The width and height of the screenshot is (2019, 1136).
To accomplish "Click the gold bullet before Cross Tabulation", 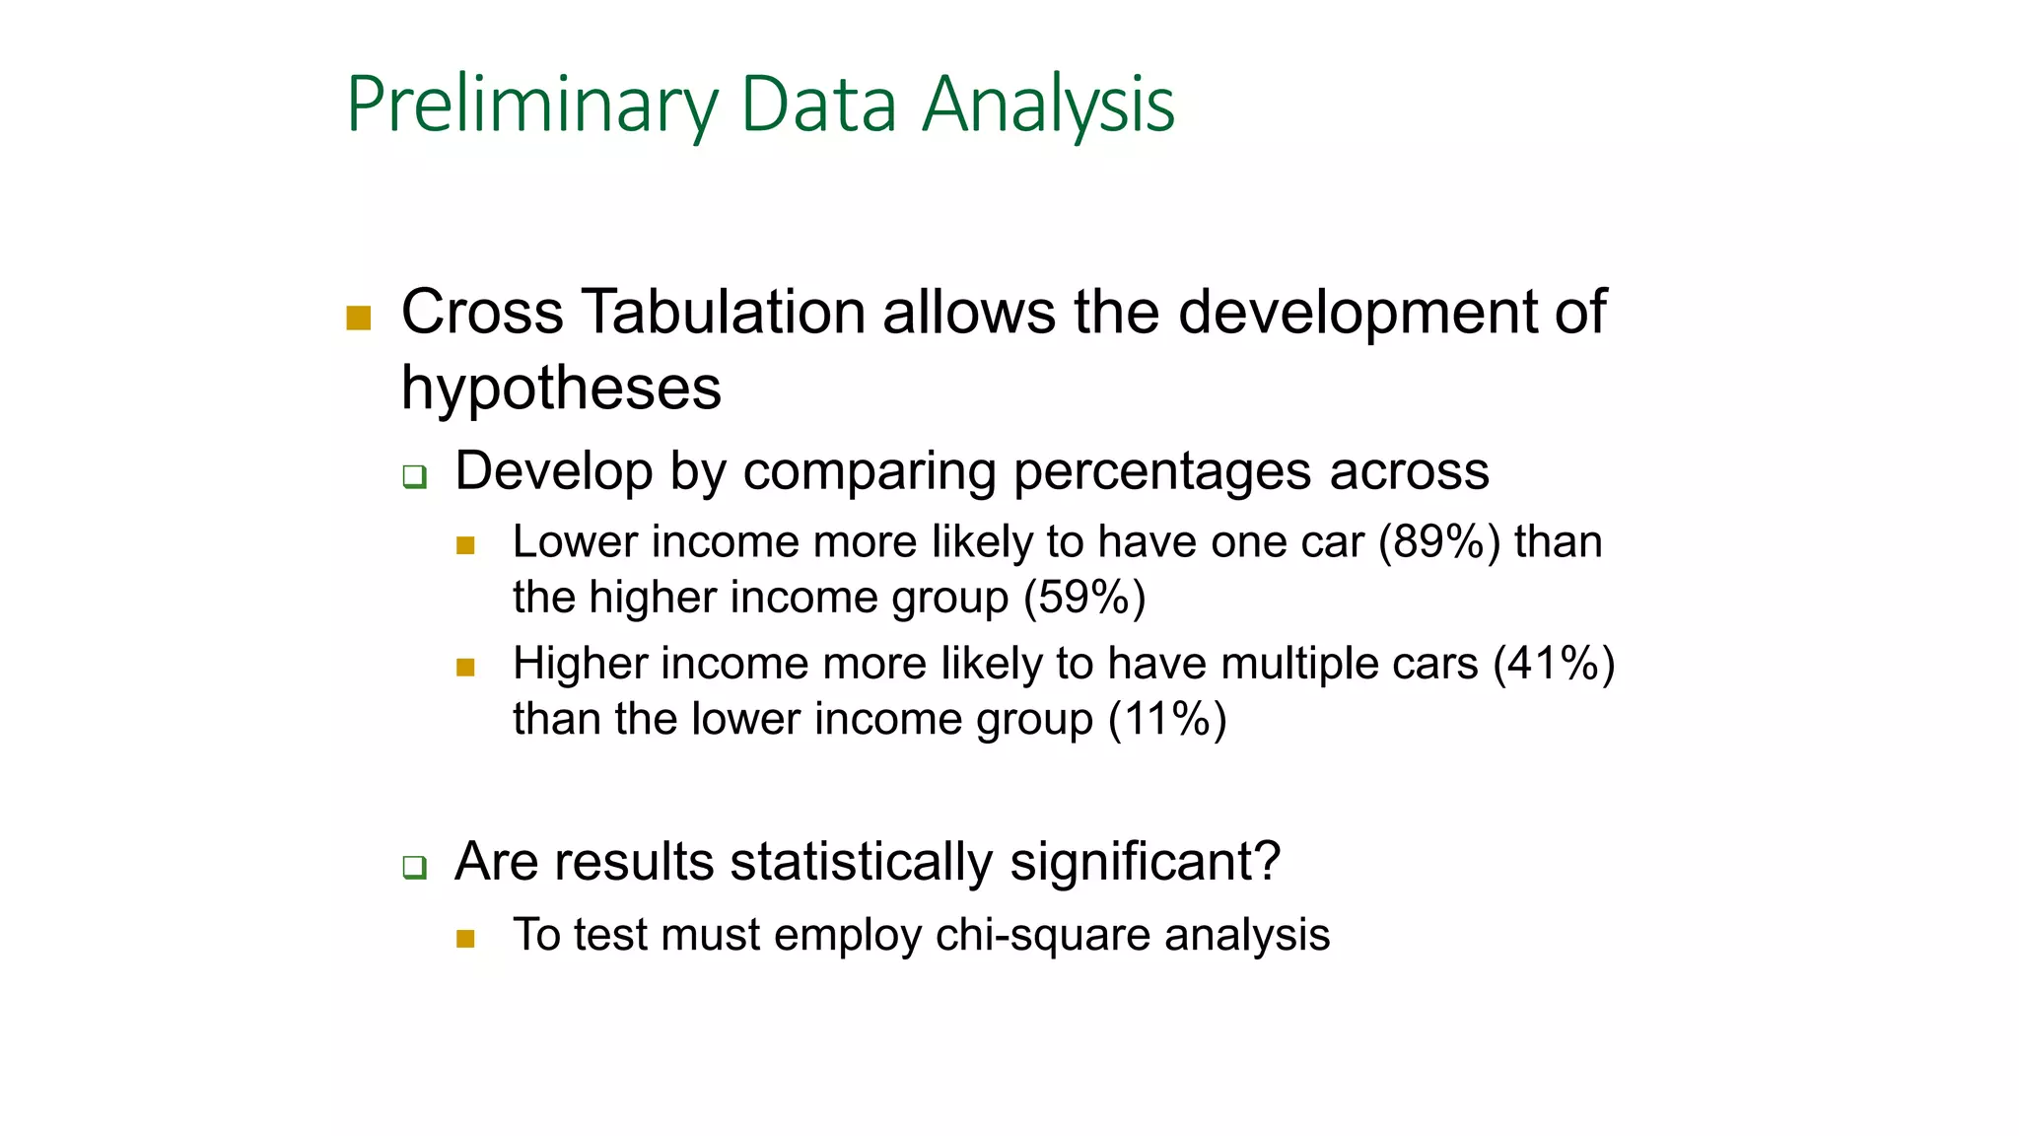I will click(x=359, y=318).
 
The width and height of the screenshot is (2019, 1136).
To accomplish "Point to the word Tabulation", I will click(x=722, y=312).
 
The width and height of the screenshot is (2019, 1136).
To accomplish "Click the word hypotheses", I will click(x=561, y=388).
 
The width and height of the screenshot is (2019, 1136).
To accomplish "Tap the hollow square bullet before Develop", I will click(x=414, y=477).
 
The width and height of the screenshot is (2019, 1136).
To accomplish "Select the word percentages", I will click(x=1162, y=471).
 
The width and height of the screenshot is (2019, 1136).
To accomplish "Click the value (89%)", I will click(x=1439, y=542).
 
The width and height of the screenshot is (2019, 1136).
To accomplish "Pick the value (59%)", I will click(x=1084, y=598).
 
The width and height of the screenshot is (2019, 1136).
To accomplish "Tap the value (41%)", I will click(x=1554, y=664).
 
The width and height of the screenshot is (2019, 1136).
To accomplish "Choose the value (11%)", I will click(x=1167, y=719).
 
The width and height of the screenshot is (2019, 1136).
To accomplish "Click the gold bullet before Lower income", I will click(x=466, y=545).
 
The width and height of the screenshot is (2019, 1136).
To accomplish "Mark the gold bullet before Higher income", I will click(x=466, y=668).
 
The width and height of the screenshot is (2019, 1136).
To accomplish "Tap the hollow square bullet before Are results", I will click(x=414, y=868).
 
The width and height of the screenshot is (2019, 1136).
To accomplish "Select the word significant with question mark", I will click(x=1145, y=862).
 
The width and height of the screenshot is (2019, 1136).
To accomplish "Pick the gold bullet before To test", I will click(x=466, y=939).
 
